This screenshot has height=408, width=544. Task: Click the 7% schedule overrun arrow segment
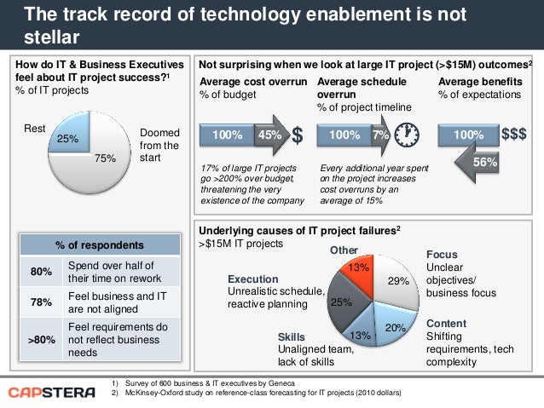pos(379,135)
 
